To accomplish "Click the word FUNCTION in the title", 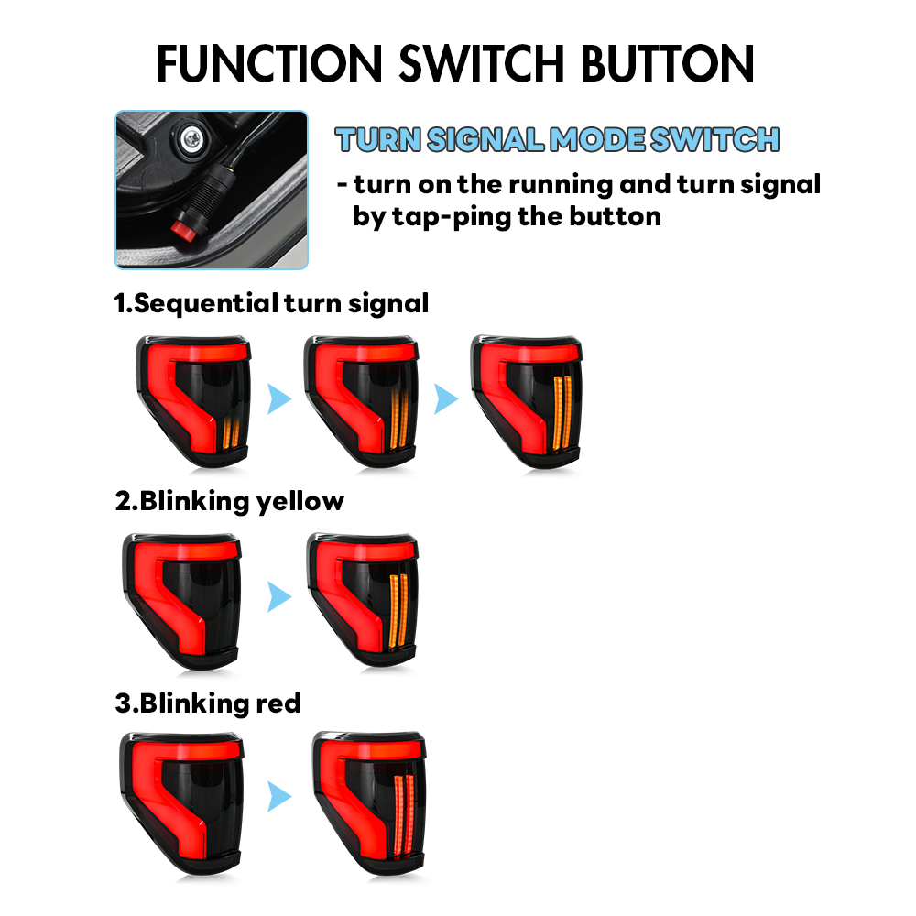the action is [269, 64].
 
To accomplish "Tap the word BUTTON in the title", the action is [667, 64].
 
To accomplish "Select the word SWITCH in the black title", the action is [482, 64].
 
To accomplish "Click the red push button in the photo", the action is [184, 230].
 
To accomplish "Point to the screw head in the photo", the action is [191, 139].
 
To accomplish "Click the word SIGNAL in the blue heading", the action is [485, 139].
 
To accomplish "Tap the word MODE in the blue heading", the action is [597, 139].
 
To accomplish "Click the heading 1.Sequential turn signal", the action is [272, 304].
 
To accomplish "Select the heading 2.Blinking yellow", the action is [230, 502].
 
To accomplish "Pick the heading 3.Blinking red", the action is [208, 703].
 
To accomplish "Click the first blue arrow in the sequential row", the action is [279, 398].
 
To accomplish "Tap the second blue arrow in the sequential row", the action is [446, 398].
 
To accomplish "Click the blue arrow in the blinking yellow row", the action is [279, 596].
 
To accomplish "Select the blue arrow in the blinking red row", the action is [279, 796].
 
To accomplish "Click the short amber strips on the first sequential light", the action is [231, 433].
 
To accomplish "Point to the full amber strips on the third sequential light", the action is [562, 413].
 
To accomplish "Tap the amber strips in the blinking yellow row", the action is [398, 611].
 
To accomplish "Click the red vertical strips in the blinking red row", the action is [404, 816].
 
